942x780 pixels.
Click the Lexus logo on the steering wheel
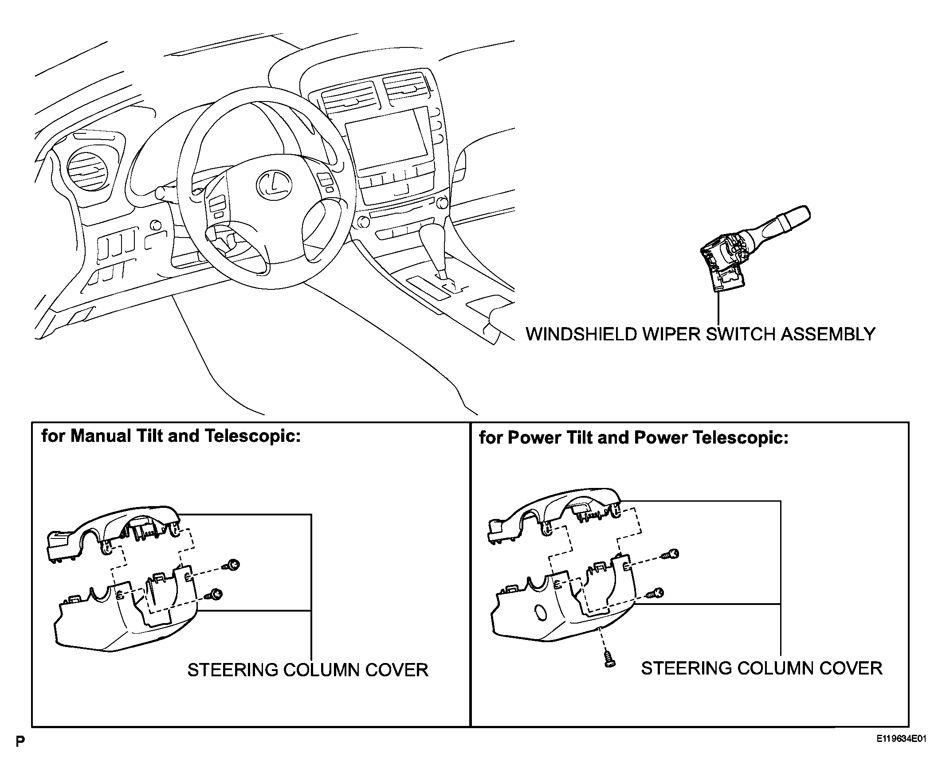point(274,184)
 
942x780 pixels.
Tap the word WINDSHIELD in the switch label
point(581,335)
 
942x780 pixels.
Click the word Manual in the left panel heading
point(101,436)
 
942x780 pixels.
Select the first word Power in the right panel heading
point(534,438)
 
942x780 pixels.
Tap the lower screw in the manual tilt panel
point(214,594)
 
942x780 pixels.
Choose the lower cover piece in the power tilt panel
point(563,601)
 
